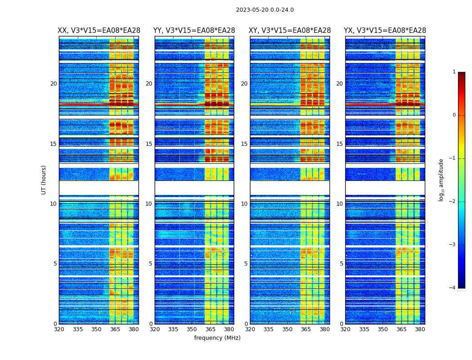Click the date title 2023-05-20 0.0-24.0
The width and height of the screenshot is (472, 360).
coord(265,10)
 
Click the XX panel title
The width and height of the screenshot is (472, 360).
coord(99,31)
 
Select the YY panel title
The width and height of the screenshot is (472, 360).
coord(194,31)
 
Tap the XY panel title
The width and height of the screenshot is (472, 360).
coord(290,31)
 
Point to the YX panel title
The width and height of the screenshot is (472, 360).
coord(385,31)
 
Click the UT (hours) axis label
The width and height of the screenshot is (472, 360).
coord(44,180)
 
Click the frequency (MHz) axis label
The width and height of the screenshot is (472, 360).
coord(217,338)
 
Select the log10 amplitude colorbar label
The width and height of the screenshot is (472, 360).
coord(441,180)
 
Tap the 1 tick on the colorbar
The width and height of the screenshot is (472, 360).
coord(454,72)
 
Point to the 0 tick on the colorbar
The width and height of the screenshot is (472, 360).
coord(454,115)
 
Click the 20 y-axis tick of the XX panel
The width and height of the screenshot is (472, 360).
coord(53,84)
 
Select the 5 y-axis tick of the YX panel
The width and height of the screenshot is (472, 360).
coord(341,264)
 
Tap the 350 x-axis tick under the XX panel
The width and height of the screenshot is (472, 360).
coord(96,329)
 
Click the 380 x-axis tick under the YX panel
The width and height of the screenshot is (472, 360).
coord(420,329)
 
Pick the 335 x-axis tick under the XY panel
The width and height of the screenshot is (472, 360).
coord(268,329)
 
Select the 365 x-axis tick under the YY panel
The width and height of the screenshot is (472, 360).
coord(210,329)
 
